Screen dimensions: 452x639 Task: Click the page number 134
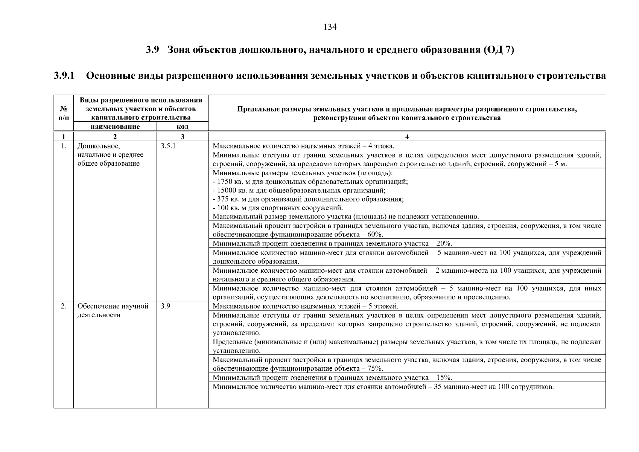[x=330, y=27]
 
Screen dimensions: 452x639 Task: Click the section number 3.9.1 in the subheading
[x=64, y=76]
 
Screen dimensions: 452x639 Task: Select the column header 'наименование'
[x=115, y=127]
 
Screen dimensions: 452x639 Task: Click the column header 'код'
[x=183, y=127]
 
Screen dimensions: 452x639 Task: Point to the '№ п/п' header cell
[x=64, y=113]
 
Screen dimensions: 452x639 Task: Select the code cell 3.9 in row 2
[x=165, y=306]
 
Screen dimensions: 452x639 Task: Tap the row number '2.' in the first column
[x=64, y=306]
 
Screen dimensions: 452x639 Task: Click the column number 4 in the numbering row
[x=407, y=137]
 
